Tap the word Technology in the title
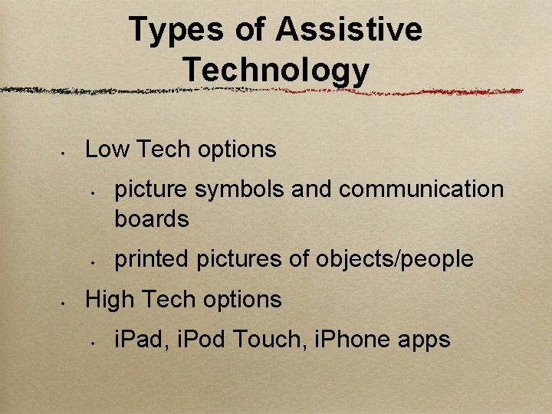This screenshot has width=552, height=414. pyautogui.click(x=276, y=71)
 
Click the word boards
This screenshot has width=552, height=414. pyautogui.click(x=152, y=219)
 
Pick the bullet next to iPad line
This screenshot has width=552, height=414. pyautogui.click(x=91, y=343)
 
